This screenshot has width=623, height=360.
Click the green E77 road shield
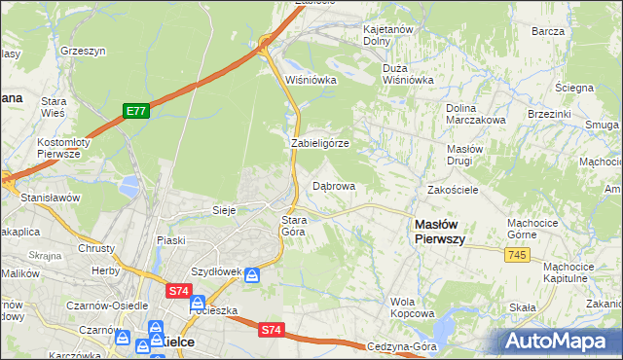tap(135, 112)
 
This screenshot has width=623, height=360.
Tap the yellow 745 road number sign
tap(517, 254)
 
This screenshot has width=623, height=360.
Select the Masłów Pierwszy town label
tap(439, 231)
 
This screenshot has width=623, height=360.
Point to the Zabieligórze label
tap(320, 143)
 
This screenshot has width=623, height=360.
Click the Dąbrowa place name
tap(333, 185)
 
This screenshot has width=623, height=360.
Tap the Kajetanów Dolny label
tap(389, 36)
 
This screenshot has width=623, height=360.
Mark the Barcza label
tap(548, 31)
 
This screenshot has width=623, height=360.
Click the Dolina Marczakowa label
tap(475, 114)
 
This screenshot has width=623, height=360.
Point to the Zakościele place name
tap(452, 190)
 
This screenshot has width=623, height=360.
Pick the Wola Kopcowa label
tap(412, 307)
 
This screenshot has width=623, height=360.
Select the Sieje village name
tap(225, 209)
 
